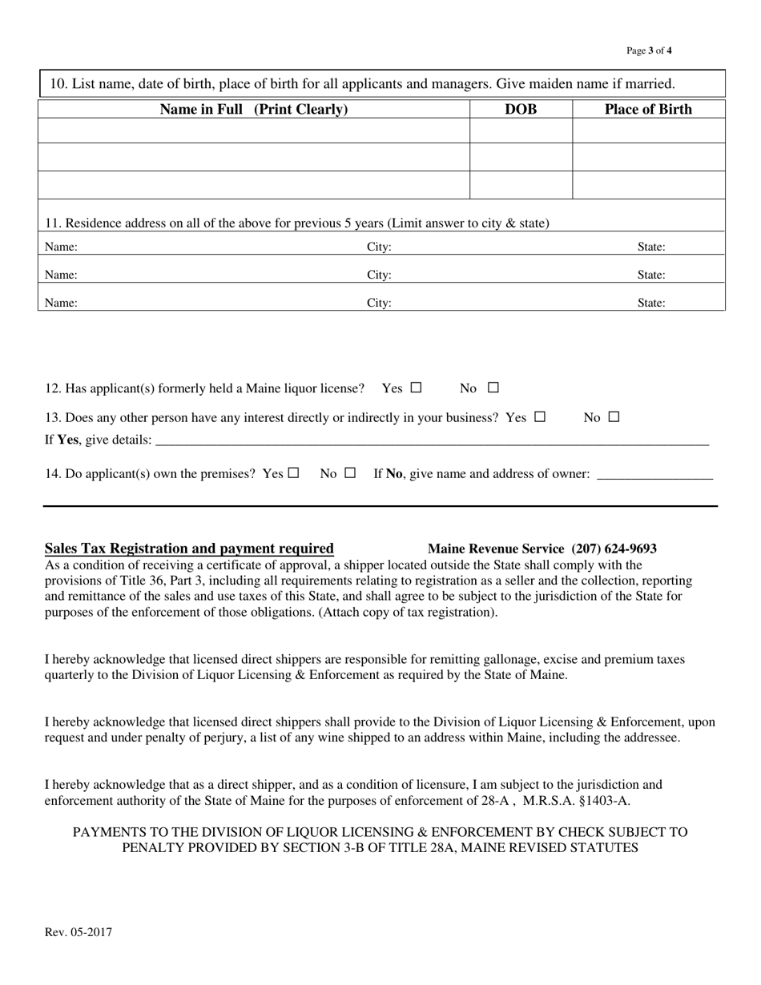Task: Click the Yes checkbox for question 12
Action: tap(416, 388)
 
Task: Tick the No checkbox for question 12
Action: tap(493, 388)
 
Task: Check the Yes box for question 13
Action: tap(540, 416)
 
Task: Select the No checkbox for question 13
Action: tap(614, 416)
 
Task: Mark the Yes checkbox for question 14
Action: tap(293, 472)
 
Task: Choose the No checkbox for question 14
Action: tap(350, 472)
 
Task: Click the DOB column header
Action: tap(521, 110)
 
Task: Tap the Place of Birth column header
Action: tap(648, 110)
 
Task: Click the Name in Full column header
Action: tap(254, 110)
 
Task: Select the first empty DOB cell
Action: tap(521, 131)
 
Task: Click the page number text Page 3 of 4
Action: tap(649, 50)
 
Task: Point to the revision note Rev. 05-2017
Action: tap(79, 932)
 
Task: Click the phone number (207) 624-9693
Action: tap(614, 549)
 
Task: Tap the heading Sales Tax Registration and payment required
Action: tap(189, 549)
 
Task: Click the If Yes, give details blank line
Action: tap(432, 440)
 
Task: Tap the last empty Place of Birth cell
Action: tap(648, 185)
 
